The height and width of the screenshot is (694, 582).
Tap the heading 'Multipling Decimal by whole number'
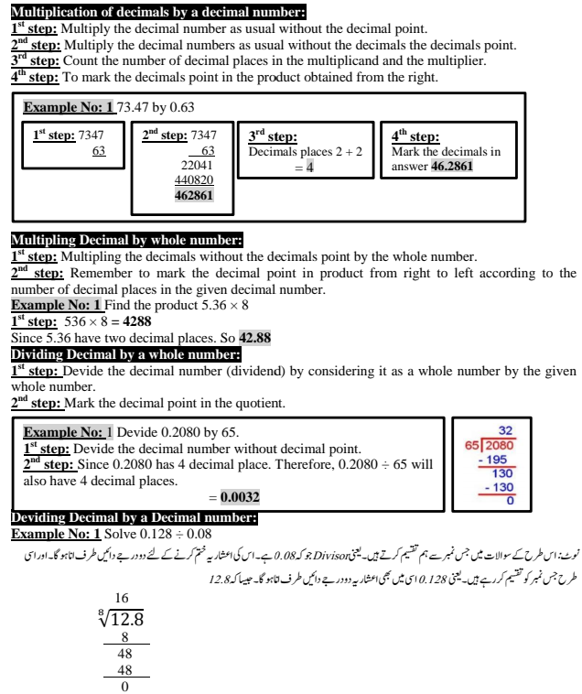tap(126, 241)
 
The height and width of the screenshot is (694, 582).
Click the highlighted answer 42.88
tap(254, 338)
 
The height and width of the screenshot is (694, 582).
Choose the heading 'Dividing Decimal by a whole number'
tap(126, 354)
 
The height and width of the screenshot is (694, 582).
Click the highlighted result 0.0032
tap(240, 498)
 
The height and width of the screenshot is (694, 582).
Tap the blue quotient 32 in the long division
tap(505, 429)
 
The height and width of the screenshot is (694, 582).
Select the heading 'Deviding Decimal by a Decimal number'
tap(135, 518)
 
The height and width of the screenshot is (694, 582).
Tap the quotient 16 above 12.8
tap(122, 598)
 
